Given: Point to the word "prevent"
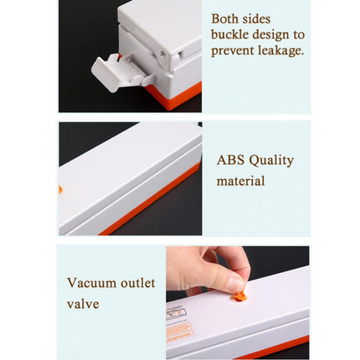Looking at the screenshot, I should (x=231, y=50).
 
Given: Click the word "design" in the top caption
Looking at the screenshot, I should (x=273, y=34).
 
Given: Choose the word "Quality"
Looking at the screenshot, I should (x=272, y=161).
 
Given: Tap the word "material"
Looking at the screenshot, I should (x=240, y=181).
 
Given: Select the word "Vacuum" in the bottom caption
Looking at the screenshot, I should (x=91, y=283).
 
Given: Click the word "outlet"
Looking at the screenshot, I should (x=137, y=283).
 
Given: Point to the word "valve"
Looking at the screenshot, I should (x=83, y=304).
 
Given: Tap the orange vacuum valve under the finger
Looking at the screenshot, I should (x=239, y=296).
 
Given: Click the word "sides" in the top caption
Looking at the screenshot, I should (x=266, y=18).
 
